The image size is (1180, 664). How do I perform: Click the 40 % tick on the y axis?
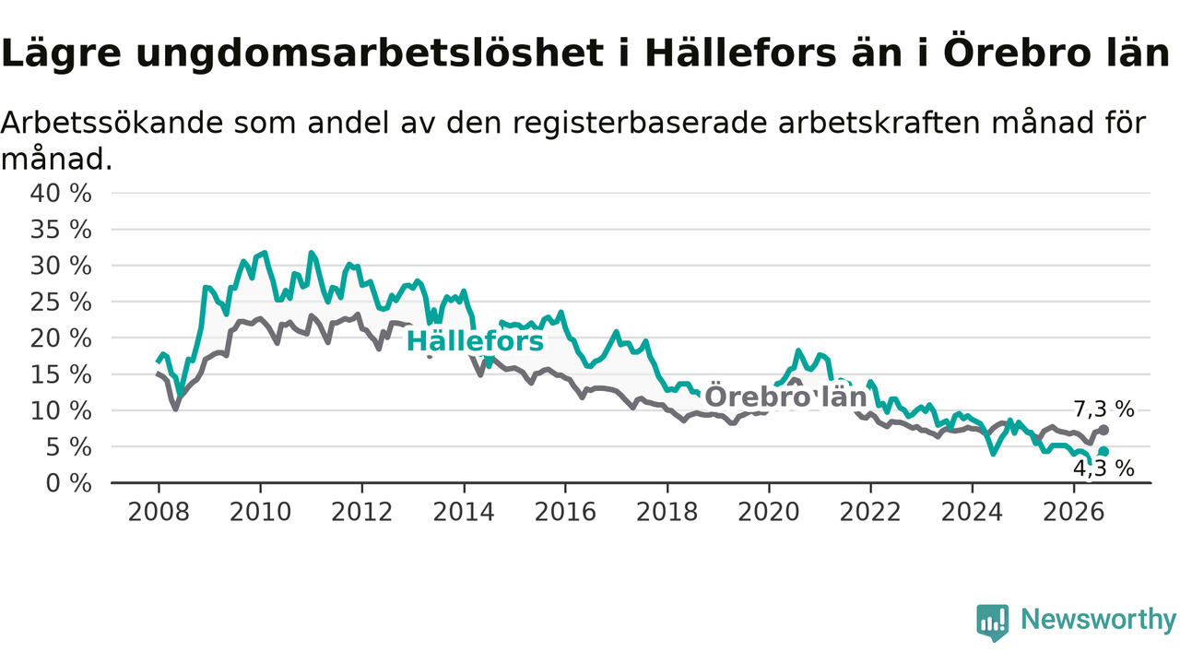pos(61,194)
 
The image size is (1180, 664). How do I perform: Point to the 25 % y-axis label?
pos(61,302)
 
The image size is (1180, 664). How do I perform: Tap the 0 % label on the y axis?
pos(68,483)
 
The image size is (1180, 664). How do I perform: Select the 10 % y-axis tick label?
pos(61,411)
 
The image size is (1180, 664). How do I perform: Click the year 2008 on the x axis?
pos(159,512)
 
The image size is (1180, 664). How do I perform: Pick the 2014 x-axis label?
pos(464,512)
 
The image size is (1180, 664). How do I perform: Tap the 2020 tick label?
pos(769,512)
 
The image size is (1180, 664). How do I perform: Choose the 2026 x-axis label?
pos(1074,512)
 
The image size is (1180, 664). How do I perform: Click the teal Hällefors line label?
pos(475,341)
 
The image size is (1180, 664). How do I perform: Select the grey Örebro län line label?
pos(785,397)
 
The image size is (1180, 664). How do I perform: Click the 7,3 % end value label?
pos(1103,409)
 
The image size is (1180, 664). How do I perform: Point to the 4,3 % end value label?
pos(1103,468)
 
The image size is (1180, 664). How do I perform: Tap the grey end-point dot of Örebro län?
pos(1103,430)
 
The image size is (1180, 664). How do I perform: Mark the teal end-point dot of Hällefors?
pos(1103,452)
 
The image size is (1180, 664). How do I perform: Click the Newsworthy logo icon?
pos(993,622)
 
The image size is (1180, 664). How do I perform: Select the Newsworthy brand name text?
pos(1098,619)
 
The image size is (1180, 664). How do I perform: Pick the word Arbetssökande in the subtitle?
pos(112,123)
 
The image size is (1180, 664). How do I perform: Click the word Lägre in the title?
pos(61,53)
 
